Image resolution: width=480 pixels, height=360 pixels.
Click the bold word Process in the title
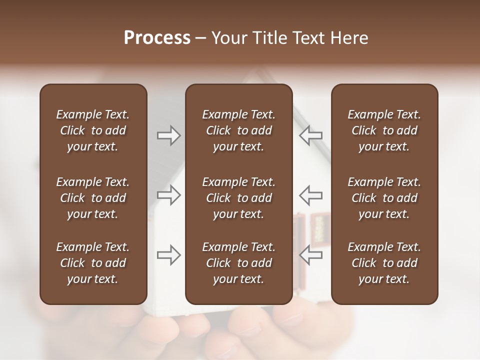(157, 38)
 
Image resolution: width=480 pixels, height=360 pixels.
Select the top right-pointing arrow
(169, 135)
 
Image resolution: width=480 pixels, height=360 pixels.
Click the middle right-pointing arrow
(169, 195)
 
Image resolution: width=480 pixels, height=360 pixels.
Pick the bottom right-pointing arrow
(169, 255)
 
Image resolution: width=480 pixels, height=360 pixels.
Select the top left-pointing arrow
(310, 135)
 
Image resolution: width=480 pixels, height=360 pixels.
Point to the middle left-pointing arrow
(310, 195)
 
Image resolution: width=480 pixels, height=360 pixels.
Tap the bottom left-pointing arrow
(310, 255)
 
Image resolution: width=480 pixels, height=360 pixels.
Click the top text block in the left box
(93, 130)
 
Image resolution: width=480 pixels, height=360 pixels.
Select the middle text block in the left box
(93, 198)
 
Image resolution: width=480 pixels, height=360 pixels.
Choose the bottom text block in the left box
(93, 263)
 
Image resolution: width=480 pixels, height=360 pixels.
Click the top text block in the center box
(238, 130)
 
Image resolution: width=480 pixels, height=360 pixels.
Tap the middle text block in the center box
(238, 198)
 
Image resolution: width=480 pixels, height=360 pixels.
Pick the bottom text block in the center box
(238, 263)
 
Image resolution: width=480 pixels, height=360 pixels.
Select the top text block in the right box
(384, 130)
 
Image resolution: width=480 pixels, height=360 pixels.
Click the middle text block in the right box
(384, 198)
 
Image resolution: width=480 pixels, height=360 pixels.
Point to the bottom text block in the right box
(384, 263)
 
